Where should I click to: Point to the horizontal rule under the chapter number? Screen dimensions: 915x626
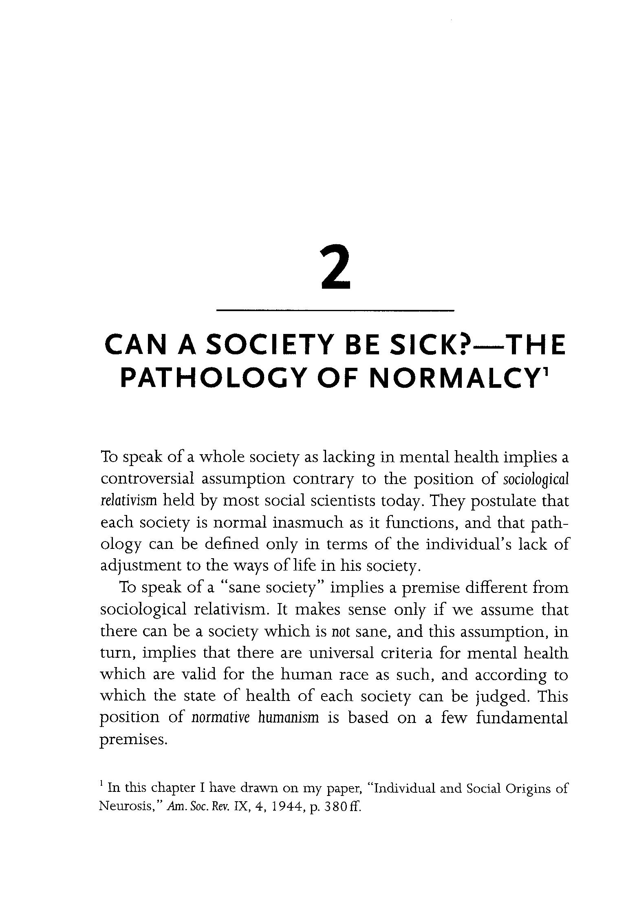click(x=335, y=311)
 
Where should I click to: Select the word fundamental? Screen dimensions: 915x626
click(x=522, y=718)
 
